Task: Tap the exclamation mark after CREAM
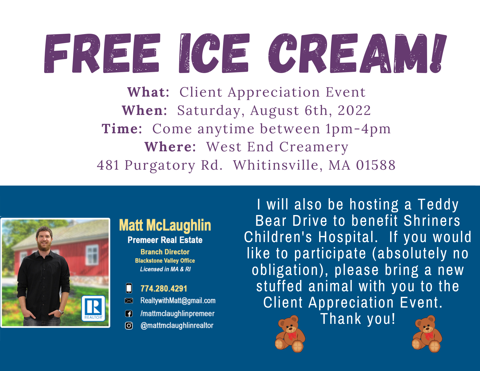click(x=438, y=53)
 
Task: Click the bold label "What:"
click(x=148, y=92)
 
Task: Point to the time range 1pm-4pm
click(x=358, y=129)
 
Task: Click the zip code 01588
click(x=376, y=165)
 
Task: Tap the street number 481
click(x=108, y=165)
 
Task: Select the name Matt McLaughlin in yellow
click(x=165, y=226)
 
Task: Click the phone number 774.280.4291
click(x=164, y=289)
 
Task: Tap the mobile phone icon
click(x=129, y=288)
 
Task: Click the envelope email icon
click(x=129, y=301)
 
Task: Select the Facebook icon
click(x=129, y=314)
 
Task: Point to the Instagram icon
click(x=129, y=326)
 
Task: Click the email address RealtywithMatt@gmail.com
click(x=178, y=301)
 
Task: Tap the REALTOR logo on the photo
click(x=93, y=308)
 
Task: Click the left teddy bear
click(x=290, y=334)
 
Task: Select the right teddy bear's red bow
click(x=429, y=336)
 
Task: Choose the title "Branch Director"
click(x=165, y=252)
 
